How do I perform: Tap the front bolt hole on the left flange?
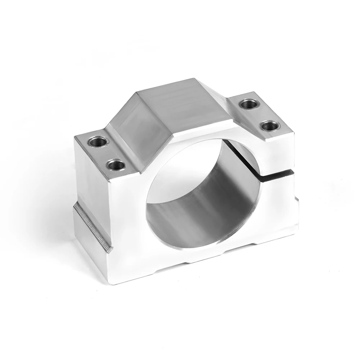116,165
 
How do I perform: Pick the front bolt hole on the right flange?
269,126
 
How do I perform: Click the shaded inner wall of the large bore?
202,202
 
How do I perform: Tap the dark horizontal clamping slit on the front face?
277,174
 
